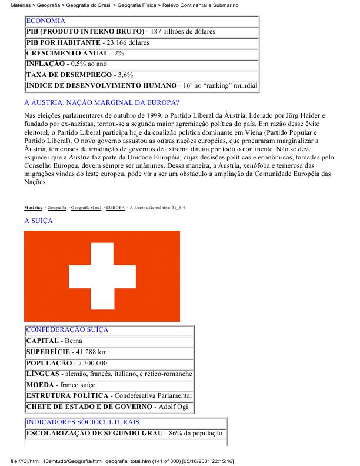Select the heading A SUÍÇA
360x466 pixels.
(38, 221)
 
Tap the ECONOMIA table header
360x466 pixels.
(46, 21)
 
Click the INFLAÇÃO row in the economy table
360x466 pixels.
(66, 64)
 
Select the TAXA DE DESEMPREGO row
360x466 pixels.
(80, 75)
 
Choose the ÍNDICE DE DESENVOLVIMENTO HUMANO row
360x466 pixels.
(141, 86)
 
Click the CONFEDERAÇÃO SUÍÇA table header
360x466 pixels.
(67, 330)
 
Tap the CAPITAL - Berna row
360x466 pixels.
(55, 341)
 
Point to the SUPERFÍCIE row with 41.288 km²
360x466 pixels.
(67, 352)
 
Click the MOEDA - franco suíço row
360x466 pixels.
(60, 385)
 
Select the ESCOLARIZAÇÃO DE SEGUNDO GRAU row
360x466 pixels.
(124, 434)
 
